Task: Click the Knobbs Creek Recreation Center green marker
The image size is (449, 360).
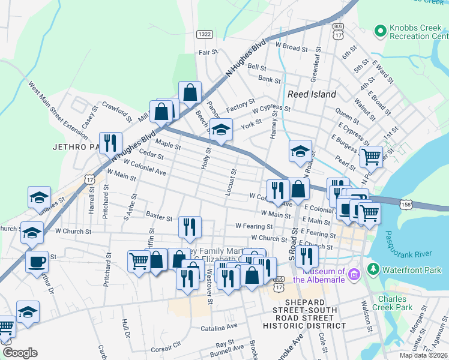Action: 379,30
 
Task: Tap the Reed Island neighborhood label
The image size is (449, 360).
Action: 312,94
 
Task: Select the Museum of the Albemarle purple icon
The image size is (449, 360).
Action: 354,275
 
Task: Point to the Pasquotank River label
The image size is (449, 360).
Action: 409,236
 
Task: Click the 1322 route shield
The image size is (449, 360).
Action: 204,35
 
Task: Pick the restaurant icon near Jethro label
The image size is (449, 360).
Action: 110,143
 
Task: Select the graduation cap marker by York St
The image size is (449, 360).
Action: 221,129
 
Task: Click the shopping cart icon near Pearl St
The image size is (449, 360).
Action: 371,157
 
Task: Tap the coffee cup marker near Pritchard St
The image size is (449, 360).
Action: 37,262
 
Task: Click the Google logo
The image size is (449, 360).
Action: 20,352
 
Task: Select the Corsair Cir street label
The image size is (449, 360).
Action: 166,347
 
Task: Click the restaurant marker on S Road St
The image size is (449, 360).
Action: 307,256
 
